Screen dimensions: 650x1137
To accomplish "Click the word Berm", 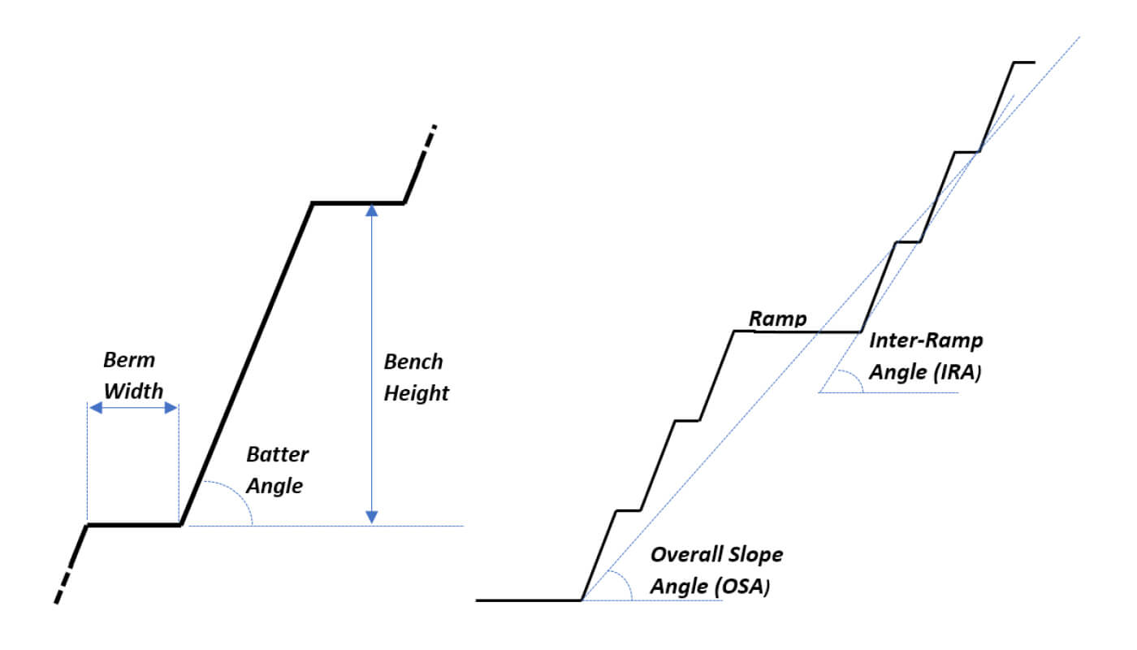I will tap(129, 360).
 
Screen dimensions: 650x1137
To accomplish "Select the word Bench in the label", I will tap(414, 362).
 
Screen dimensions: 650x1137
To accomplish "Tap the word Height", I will tap(417, 393).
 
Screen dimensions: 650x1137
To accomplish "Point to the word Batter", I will tap(278, 453).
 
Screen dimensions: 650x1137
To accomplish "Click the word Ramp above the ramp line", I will tap(778, 318).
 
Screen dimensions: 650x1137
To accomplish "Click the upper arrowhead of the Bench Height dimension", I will tap(372, 210).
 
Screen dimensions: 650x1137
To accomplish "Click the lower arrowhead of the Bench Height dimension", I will tap(372, 517).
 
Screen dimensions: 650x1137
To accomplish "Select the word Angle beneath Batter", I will tap(275, 486).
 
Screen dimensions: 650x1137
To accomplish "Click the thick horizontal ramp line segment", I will tap(796, 331).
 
